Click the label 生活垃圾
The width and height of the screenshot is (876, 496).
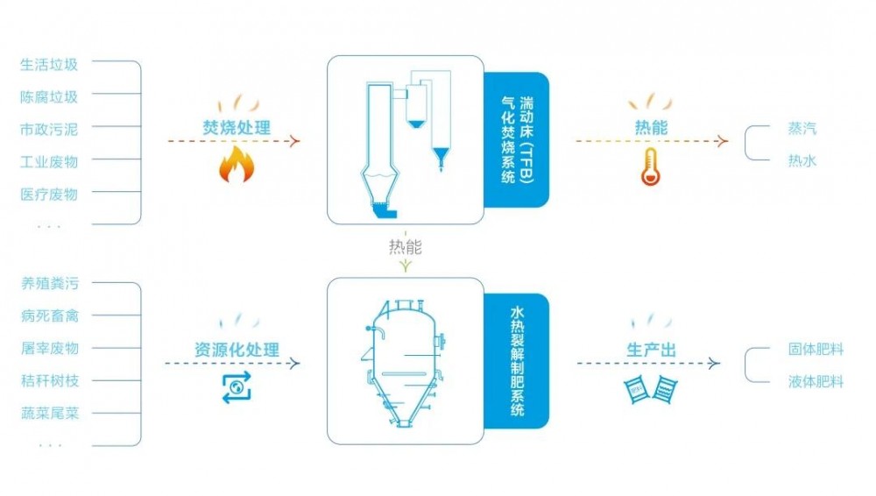coord(49,65)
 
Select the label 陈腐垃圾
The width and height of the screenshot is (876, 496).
coord(49,97)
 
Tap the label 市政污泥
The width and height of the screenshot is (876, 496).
coord(49,130)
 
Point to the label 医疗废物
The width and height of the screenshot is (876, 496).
coord(49,195)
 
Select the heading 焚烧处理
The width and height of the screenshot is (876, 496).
coord(232,128)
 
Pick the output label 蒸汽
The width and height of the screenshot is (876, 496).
coord(802,129)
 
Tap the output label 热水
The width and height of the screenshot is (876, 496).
coord(802,161)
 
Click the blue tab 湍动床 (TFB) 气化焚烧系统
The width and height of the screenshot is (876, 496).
coord(517,139)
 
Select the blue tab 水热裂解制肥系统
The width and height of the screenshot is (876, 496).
coord(517,361)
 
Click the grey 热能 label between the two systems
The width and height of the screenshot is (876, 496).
coord(405,247)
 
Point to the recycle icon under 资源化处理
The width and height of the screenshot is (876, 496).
coord(236,386)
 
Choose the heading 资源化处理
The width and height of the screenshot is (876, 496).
coord(236,351)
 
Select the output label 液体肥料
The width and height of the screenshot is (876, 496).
coord(816,382)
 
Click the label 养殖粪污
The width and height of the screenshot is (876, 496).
coord(49,284)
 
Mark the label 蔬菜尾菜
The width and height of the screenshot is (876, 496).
coord(49,413)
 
